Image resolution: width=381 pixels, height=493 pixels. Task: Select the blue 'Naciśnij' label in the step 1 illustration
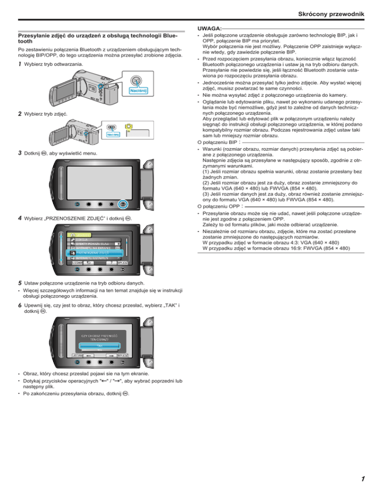click(x=138, y=91)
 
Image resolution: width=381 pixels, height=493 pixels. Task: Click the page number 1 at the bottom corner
click(x=364, y=479)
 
